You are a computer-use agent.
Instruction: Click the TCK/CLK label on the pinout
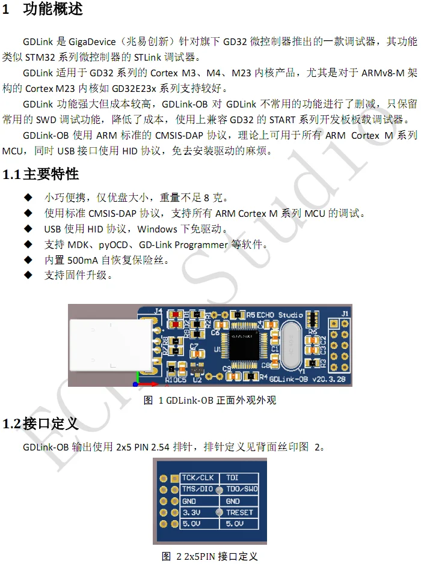tap(198, 478)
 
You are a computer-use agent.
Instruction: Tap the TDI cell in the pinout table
tap(232, 478)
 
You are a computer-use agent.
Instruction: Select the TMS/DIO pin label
tap(198, 490)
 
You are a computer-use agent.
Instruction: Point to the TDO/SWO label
tap(242, 490)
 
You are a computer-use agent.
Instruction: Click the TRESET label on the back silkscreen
tap(239, 512)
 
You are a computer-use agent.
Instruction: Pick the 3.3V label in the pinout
tap(192, 512)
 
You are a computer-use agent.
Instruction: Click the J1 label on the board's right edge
tap(345, 314)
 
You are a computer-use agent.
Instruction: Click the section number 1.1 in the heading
tap(11, 175)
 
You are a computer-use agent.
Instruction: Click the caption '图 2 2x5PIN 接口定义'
tap(210, 556)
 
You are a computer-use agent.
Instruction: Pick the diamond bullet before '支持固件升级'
tap(28, 275)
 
